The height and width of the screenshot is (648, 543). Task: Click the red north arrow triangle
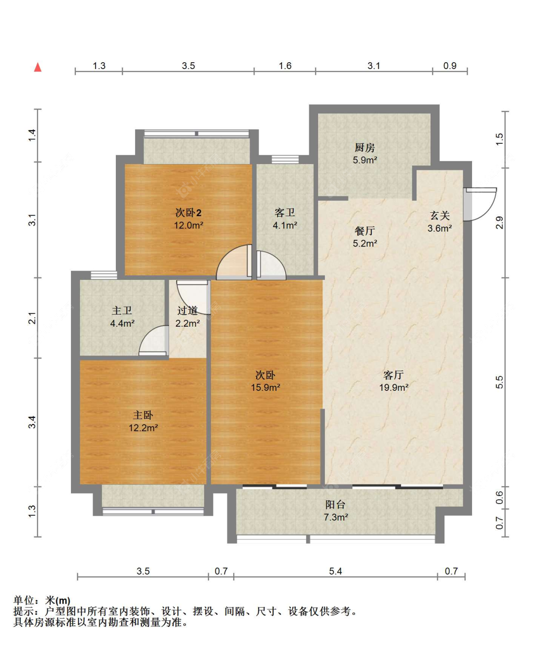38,67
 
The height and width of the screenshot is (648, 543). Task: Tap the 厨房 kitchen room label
365,148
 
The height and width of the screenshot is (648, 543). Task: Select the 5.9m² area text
365,160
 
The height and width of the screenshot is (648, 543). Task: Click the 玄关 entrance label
440,215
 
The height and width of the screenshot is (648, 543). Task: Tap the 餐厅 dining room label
365,231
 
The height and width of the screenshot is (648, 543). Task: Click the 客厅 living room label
393,375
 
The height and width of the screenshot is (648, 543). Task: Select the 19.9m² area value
394,387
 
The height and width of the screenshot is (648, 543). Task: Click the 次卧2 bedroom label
188,213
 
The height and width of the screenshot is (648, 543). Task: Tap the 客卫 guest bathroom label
285,213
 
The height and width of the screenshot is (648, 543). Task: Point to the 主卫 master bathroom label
122,310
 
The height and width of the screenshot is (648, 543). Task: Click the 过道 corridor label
188,310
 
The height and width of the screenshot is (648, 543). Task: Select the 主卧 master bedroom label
143,415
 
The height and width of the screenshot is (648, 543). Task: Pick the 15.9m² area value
266,387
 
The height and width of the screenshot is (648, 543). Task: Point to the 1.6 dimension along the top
285,66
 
